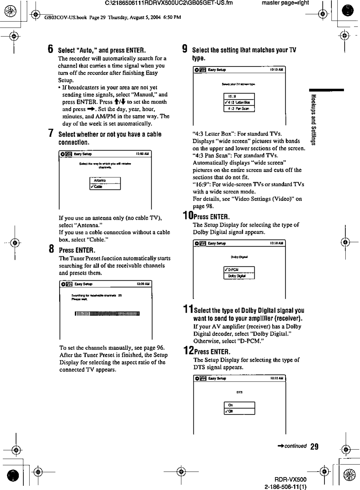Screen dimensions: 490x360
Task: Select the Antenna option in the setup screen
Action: point(105,180)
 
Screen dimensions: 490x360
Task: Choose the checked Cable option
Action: point(105,186)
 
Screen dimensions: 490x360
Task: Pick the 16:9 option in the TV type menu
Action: point(239,96)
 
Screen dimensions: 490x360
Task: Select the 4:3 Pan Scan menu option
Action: point(239,109)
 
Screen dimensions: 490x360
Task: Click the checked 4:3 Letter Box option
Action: point(239,102)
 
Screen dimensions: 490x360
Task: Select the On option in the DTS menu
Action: point(239,405)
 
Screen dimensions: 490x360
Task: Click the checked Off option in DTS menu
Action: point(239,411)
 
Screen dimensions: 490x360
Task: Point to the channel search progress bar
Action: point(107,314)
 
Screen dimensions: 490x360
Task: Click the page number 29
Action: point(314,447)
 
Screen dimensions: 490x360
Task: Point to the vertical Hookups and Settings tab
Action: point(313,119)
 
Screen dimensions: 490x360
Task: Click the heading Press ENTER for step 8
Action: point(77,250)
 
